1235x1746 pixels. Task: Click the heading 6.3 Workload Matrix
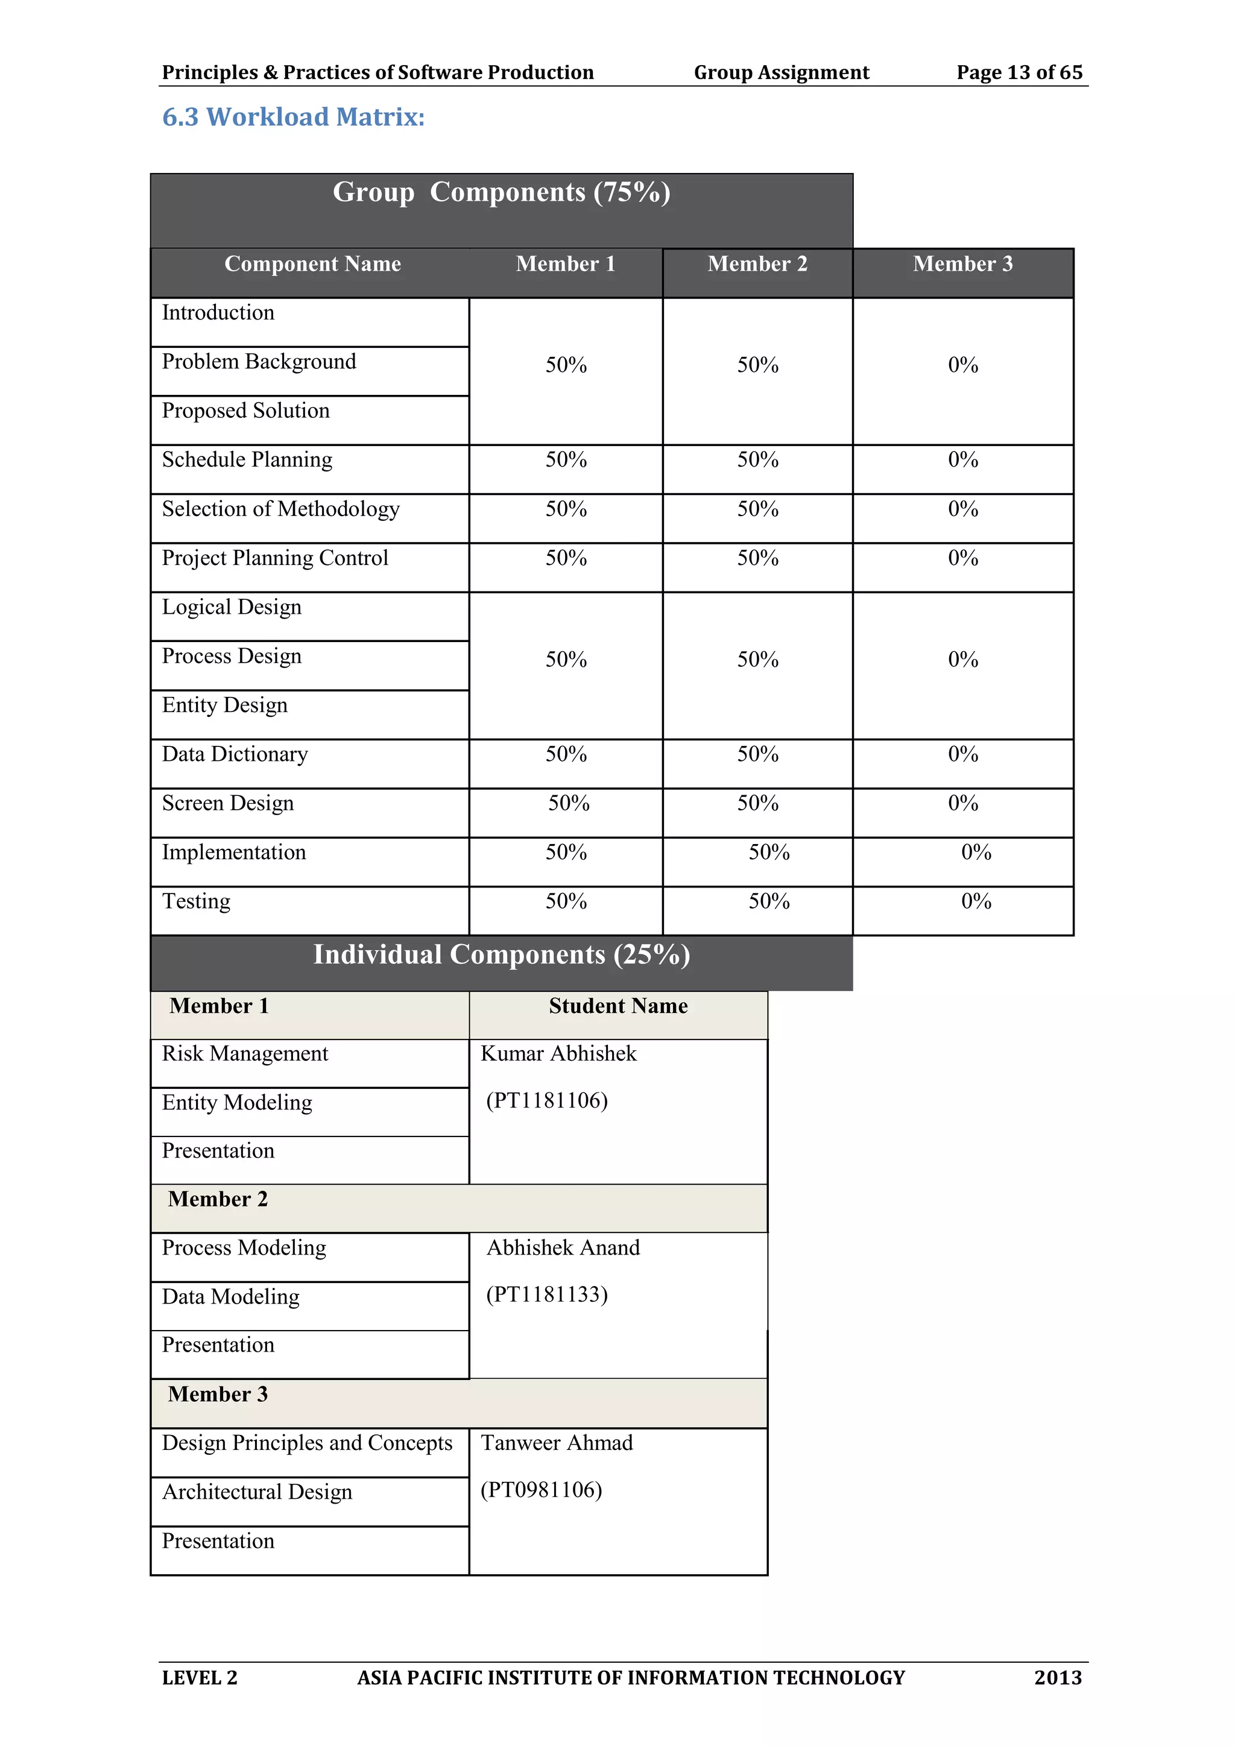[x=293, y=117]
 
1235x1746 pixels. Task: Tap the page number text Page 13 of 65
[x=1019, y=72]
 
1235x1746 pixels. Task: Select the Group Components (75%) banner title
[x=501, y=192]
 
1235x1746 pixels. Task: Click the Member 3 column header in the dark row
[x=963, y=264]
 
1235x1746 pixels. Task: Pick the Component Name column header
[x=312, y=264]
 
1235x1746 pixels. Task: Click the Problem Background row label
[x=259, y=362]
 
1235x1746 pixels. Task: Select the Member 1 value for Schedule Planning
[x=566, y=460]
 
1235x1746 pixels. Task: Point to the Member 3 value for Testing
[x=976, y=902]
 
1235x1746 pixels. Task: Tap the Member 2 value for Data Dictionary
[x=757, y=754]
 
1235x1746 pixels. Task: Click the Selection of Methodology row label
[x=280, y=509]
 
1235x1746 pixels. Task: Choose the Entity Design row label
[x=224, y=706]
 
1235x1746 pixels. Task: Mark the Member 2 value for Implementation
[x=769, y=853]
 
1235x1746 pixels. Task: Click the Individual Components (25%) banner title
[x=501, y=955]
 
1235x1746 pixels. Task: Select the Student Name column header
[x=617, y=1006]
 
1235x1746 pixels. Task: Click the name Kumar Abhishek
[x=558, y=1054]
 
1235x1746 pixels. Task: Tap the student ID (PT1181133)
[x=547, y=1295]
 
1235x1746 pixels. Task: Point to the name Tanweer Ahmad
[x=557, y=1443]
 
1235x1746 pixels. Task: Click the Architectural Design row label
[x=257, y=1492]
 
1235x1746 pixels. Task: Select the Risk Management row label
[x=245, y=1054]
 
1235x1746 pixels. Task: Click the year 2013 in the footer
[x=1057, y=1677]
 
